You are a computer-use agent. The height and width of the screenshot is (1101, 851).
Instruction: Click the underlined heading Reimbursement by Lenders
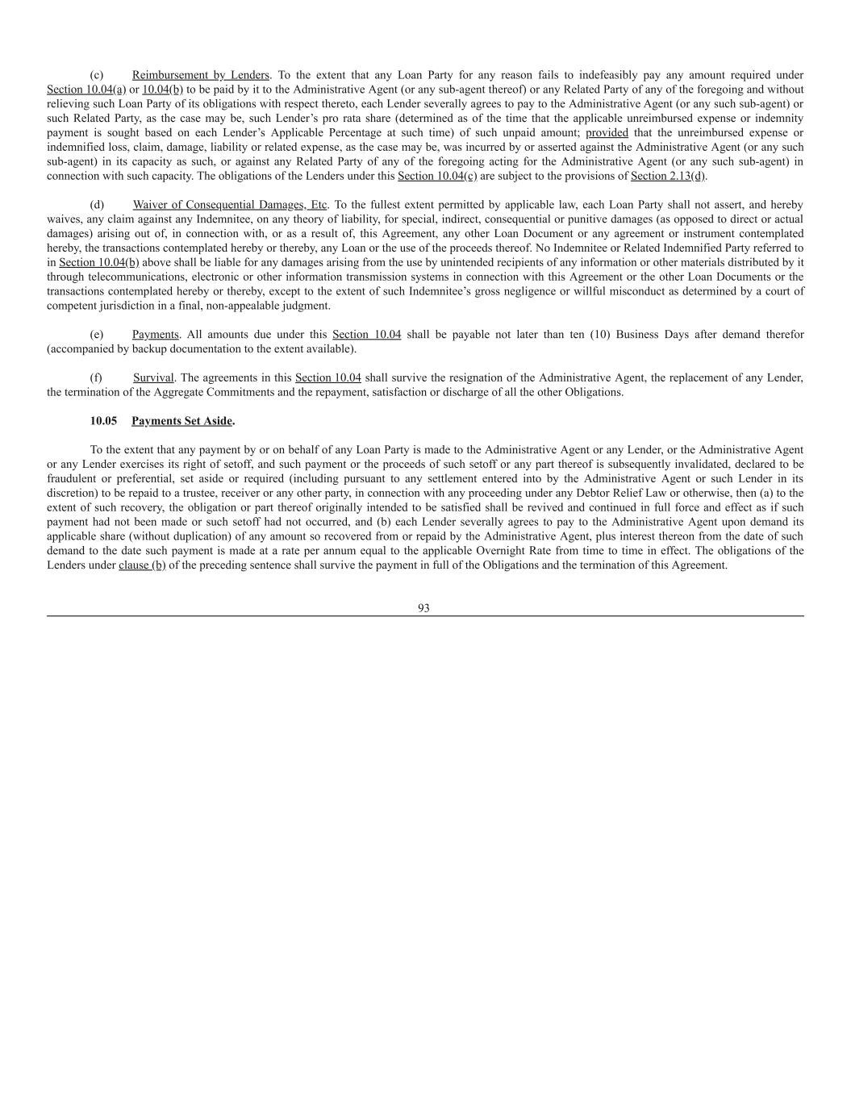pyautogui.click(x=200, y=75)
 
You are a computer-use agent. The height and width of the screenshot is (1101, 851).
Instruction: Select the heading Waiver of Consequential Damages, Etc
pyautogui.click(x=230, y=205)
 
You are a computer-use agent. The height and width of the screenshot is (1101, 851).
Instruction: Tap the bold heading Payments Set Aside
pyautogui.click(x=182, y=421)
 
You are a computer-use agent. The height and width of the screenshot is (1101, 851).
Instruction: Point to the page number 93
pyautogui.click(x=423, y=608)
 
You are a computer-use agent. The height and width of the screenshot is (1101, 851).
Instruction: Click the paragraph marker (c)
pyautogui.click(x=96, y=75)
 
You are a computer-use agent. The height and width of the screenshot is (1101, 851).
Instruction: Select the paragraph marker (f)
pyautogui.click(x=96, y=377)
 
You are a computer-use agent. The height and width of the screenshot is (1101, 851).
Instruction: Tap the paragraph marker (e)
pyautogui.click(x=96, y=335)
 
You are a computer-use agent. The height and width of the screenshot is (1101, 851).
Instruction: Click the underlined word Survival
pyautogui.click(x=153, y=377)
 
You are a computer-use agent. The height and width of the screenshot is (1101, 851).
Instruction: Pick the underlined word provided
pyautogui.click(x=607, y=133)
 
